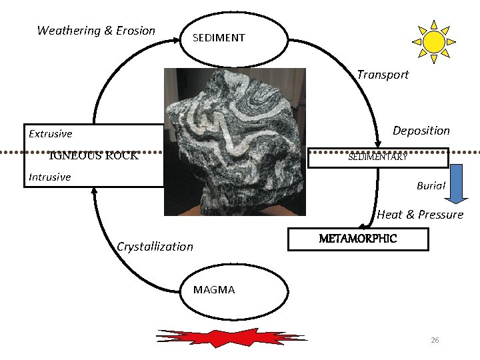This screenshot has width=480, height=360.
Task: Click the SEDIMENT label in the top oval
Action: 219,38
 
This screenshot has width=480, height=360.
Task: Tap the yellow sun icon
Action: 433,41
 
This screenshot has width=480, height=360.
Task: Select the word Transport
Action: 383,75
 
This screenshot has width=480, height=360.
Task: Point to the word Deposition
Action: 421,131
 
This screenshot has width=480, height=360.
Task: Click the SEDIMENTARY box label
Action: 377,157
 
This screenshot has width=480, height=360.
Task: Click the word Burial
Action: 431,186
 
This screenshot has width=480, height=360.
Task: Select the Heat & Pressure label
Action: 420,215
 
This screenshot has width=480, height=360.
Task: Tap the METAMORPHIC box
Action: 358,239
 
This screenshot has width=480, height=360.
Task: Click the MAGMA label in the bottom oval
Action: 214,290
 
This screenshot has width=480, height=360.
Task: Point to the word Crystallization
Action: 155,247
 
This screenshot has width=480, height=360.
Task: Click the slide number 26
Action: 435,341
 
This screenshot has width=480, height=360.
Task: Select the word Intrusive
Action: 50,177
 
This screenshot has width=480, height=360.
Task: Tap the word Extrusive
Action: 51,134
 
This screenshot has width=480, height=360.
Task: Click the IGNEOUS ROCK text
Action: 94,156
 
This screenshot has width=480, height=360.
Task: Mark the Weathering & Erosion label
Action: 96,31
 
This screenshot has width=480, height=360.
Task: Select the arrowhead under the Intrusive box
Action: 95,191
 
